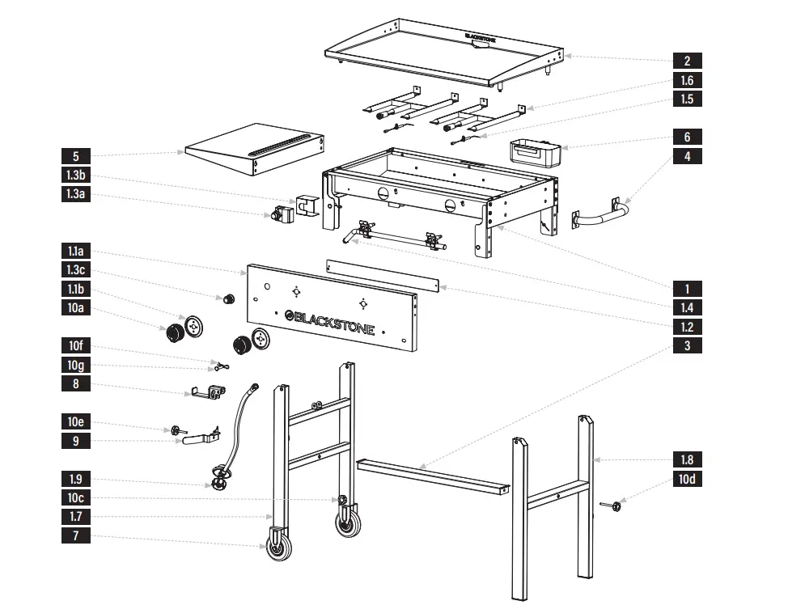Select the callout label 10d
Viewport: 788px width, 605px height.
687,479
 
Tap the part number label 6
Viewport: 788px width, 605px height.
687,137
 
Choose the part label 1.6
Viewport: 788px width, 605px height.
687,80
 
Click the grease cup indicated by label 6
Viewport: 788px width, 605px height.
534,151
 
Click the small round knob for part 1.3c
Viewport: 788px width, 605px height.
230,299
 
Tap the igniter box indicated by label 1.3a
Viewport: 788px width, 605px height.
282,215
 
